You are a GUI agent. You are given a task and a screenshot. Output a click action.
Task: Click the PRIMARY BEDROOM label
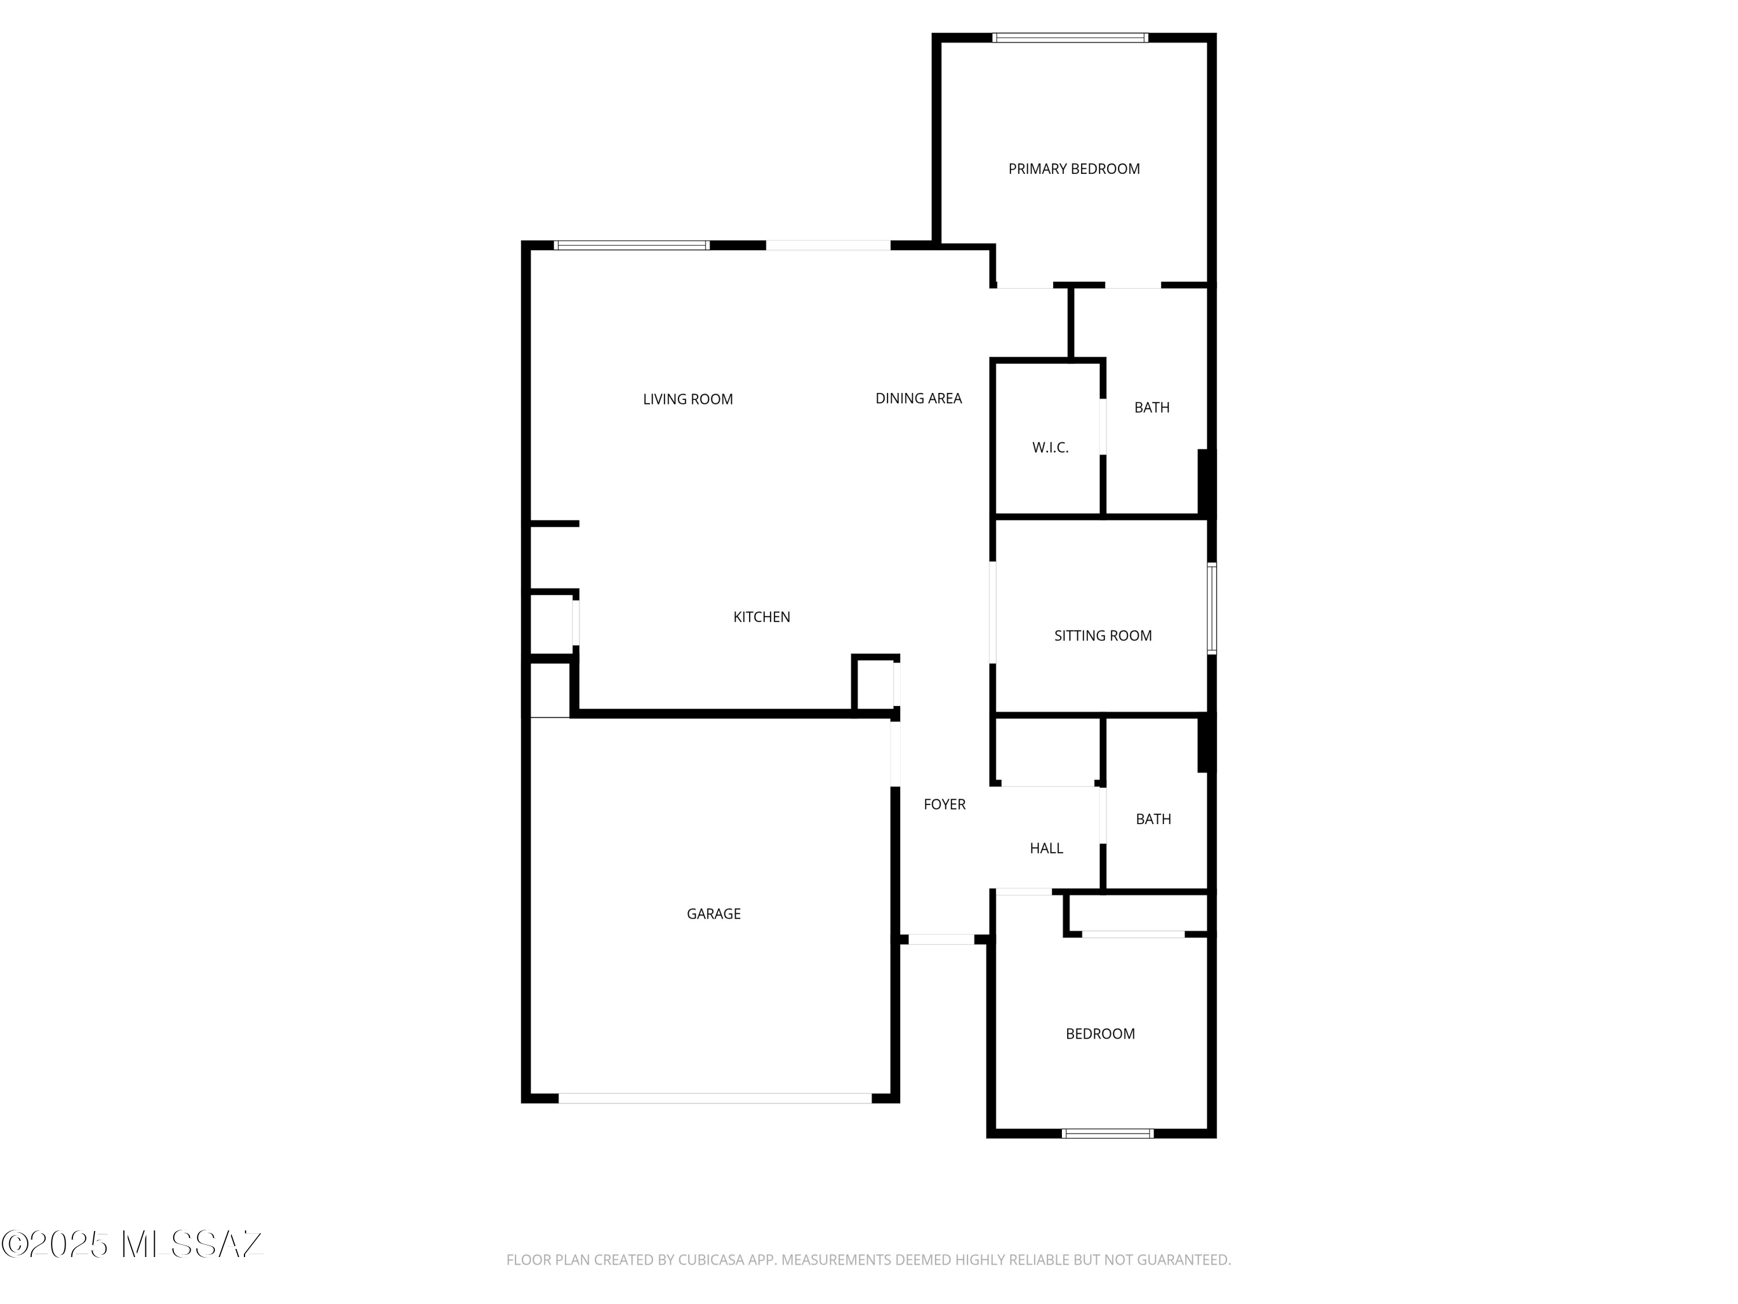tap(1074, 169)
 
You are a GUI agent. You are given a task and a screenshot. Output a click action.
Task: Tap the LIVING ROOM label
tap(688, 399)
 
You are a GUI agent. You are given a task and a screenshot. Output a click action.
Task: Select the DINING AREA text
tap(918, 399)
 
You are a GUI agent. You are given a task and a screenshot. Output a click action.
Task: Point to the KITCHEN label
tap(761, 617)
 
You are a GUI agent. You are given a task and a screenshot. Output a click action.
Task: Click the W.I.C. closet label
tap(1050, 448)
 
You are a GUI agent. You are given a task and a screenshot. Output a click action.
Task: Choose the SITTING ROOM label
tap(1102, 636)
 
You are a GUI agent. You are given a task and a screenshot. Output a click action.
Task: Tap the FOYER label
tap(944, 804)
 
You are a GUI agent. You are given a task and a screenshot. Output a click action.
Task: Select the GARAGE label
tap(713, 913)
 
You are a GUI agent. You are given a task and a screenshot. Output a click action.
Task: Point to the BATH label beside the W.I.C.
tap(1152, 407)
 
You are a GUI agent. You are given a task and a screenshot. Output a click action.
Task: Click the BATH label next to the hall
tap(1153, 819)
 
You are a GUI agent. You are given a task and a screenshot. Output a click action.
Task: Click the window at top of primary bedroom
tap(1069, 37)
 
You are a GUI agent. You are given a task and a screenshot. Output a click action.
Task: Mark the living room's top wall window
tap(631, 245)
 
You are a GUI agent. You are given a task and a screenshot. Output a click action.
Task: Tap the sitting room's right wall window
tap(1211, 609)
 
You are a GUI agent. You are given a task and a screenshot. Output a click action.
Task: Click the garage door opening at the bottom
tap(715, 1098)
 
